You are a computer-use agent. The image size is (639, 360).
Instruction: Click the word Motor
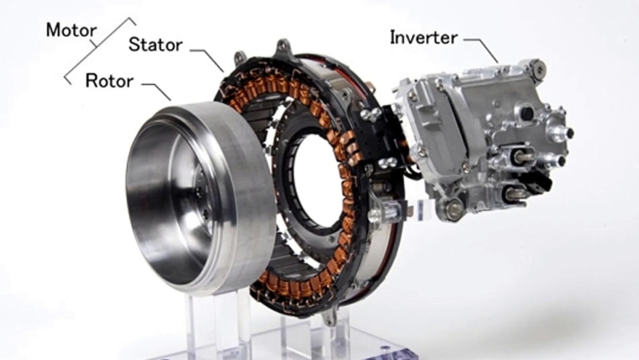coord(71,30)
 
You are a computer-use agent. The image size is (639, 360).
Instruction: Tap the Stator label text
coord(156,45)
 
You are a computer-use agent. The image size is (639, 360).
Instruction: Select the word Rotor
coord(109,81)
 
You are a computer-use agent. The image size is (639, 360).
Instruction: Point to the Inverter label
coord(424,38)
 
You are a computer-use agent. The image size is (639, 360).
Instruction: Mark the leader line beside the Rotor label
coord(156,92)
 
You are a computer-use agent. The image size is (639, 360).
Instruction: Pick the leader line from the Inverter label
coord(481,50)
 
